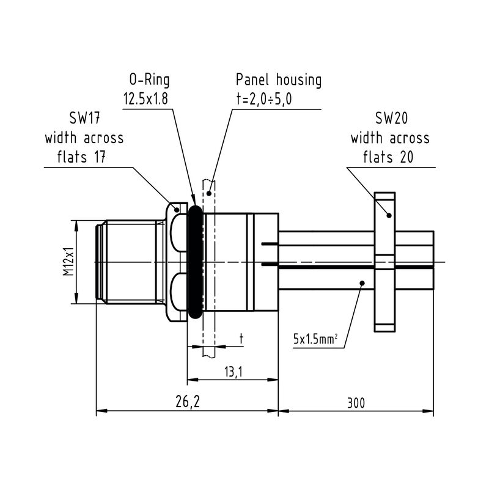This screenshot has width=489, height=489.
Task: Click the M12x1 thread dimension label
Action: (x=69, y=262)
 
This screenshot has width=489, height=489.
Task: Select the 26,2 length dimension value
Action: (x=188, y=402)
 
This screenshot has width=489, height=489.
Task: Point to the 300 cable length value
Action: (x=357, y=402)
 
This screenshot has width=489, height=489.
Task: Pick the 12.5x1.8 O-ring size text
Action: (x=145, y=99)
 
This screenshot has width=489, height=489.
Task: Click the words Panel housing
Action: (x=279, y=80)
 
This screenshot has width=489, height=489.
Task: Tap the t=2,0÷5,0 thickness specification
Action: (x=264, y=99)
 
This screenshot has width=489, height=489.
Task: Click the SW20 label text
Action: (x=389, y=118)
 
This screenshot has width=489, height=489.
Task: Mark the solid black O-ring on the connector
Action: (x=194, y=262)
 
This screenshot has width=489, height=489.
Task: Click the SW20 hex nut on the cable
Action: (x=385, y=262)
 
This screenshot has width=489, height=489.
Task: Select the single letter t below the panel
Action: (x=241, y=338)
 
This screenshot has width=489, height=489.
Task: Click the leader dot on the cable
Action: (x=362, y=283)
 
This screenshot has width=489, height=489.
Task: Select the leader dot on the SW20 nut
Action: (x=388, y=215)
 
